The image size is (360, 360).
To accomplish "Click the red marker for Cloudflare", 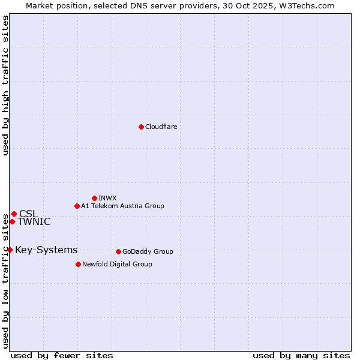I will pos(141,127).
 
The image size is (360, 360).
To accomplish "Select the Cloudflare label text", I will pos(161,127).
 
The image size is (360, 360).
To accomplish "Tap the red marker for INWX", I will pos(94,198).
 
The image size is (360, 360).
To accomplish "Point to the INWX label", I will pos(107,199).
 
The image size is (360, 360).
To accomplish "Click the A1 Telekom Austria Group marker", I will pos(77,206).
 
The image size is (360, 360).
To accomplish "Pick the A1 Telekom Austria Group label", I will pos(122,206).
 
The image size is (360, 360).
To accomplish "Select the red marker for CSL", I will pos(14,214).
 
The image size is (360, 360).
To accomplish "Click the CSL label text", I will pos(28,214).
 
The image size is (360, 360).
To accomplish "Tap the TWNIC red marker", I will pos(12,221).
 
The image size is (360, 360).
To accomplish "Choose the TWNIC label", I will pos(34,222).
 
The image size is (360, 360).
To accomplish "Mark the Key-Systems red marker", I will pos(10,250).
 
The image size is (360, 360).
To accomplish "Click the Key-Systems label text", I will pos(46,250).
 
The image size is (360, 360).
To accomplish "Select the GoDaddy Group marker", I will pos(118,251).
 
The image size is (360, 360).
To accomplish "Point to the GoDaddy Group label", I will pos(148,252).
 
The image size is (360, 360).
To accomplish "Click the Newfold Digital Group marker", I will pos(78,264).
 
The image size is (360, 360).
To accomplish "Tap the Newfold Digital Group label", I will pos(117,265).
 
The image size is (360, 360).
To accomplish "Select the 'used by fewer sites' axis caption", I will pos(62,355).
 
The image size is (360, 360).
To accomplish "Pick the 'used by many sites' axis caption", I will pos(301,355).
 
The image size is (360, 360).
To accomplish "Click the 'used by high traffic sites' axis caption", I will pos(5,85).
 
